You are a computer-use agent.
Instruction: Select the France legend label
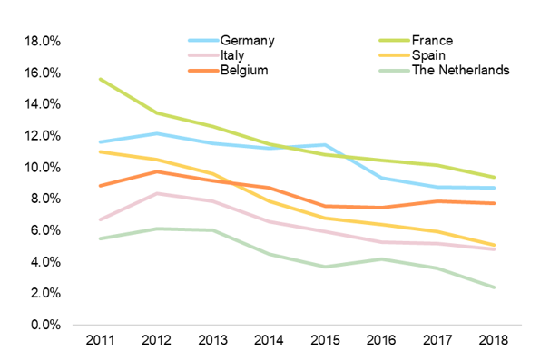click(432, 41)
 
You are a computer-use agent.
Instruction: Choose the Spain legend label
click(429, 55)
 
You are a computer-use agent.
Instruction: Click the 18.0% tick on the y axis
click(42, 42)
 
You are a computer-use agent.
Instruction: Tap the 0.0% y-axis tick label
click(44, 325)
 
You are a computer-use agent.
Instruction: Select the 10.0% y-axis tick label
click(42, 168)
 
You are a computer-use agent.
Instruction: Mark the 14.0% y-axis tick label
click(42, 104)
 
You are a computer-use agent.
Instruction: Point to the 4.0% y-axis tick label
click(44, 262)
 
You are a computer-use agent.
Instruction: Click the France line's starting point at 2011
click(100, 79)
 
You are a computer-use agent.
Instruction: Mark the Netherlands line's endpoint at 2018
click(493, 287)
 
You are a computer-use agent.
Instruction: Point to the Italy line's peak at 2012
click(156, 193)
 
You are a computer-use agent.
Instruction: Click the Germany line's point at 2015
click(324, 145)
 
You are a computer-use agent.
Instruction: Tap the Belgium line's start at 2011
click(100, 186)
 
